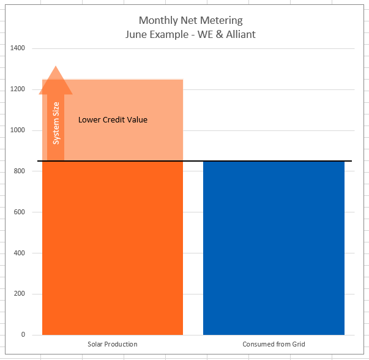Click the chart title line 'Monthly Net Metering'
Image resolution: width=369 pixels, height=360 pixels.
coord(190,21)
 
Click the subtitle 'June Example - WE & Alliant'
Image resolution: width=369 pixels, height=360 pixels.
coord(190,34)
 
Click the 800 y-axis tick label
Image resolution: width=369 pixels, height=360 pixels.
coord(19,171)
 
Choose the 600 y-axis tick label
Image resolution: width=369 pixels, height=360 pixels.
coord(19,212)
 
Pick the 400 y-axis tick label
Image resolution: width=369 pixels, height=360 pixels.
coord(19,253)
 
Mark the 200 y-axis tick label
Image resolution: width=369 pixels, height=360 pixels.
coord(19,294)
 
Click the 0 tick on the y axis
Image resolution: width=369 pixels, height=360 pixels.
coord(23,335)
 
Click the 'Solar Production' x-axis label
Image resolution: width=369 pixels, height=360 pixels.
coord(113,345)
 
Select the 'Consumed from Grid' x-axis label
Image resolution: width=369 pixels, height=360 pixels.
coord(274,345)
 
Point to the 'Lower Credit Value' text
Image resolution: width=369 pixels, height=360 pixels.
coord(113,120)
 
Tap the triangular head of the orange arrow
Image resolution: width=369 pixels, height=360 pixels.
coord(56,81)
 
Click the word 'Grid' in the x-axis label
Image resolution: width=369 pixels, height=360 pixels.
coord(297,345)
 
